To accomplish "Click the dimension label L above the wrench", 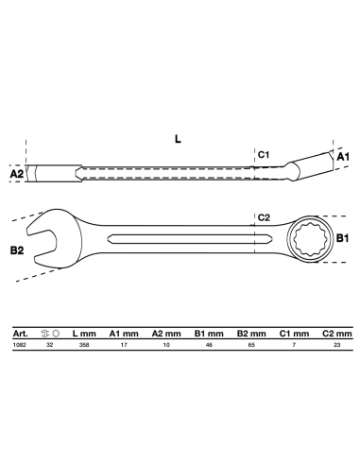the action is click(x=178, y=139).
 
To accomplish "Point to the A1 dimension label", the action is click(x=343, y=157).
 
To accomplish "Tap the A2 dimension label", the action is click(x=17, y=174).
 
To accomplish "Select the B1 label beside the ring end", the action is click(x=343, y=238).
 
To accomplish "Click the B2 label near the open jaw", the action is click(x=17, y=250).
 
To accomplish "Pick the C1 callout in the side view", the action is click(x=264, y=155).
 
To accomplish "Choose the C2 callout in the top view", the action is click(x=264, y=217).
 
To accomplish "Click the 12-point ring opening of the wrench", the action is click(x=310, y=239).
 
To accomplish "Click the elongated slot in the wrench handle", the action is click(x=189, y=239).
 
